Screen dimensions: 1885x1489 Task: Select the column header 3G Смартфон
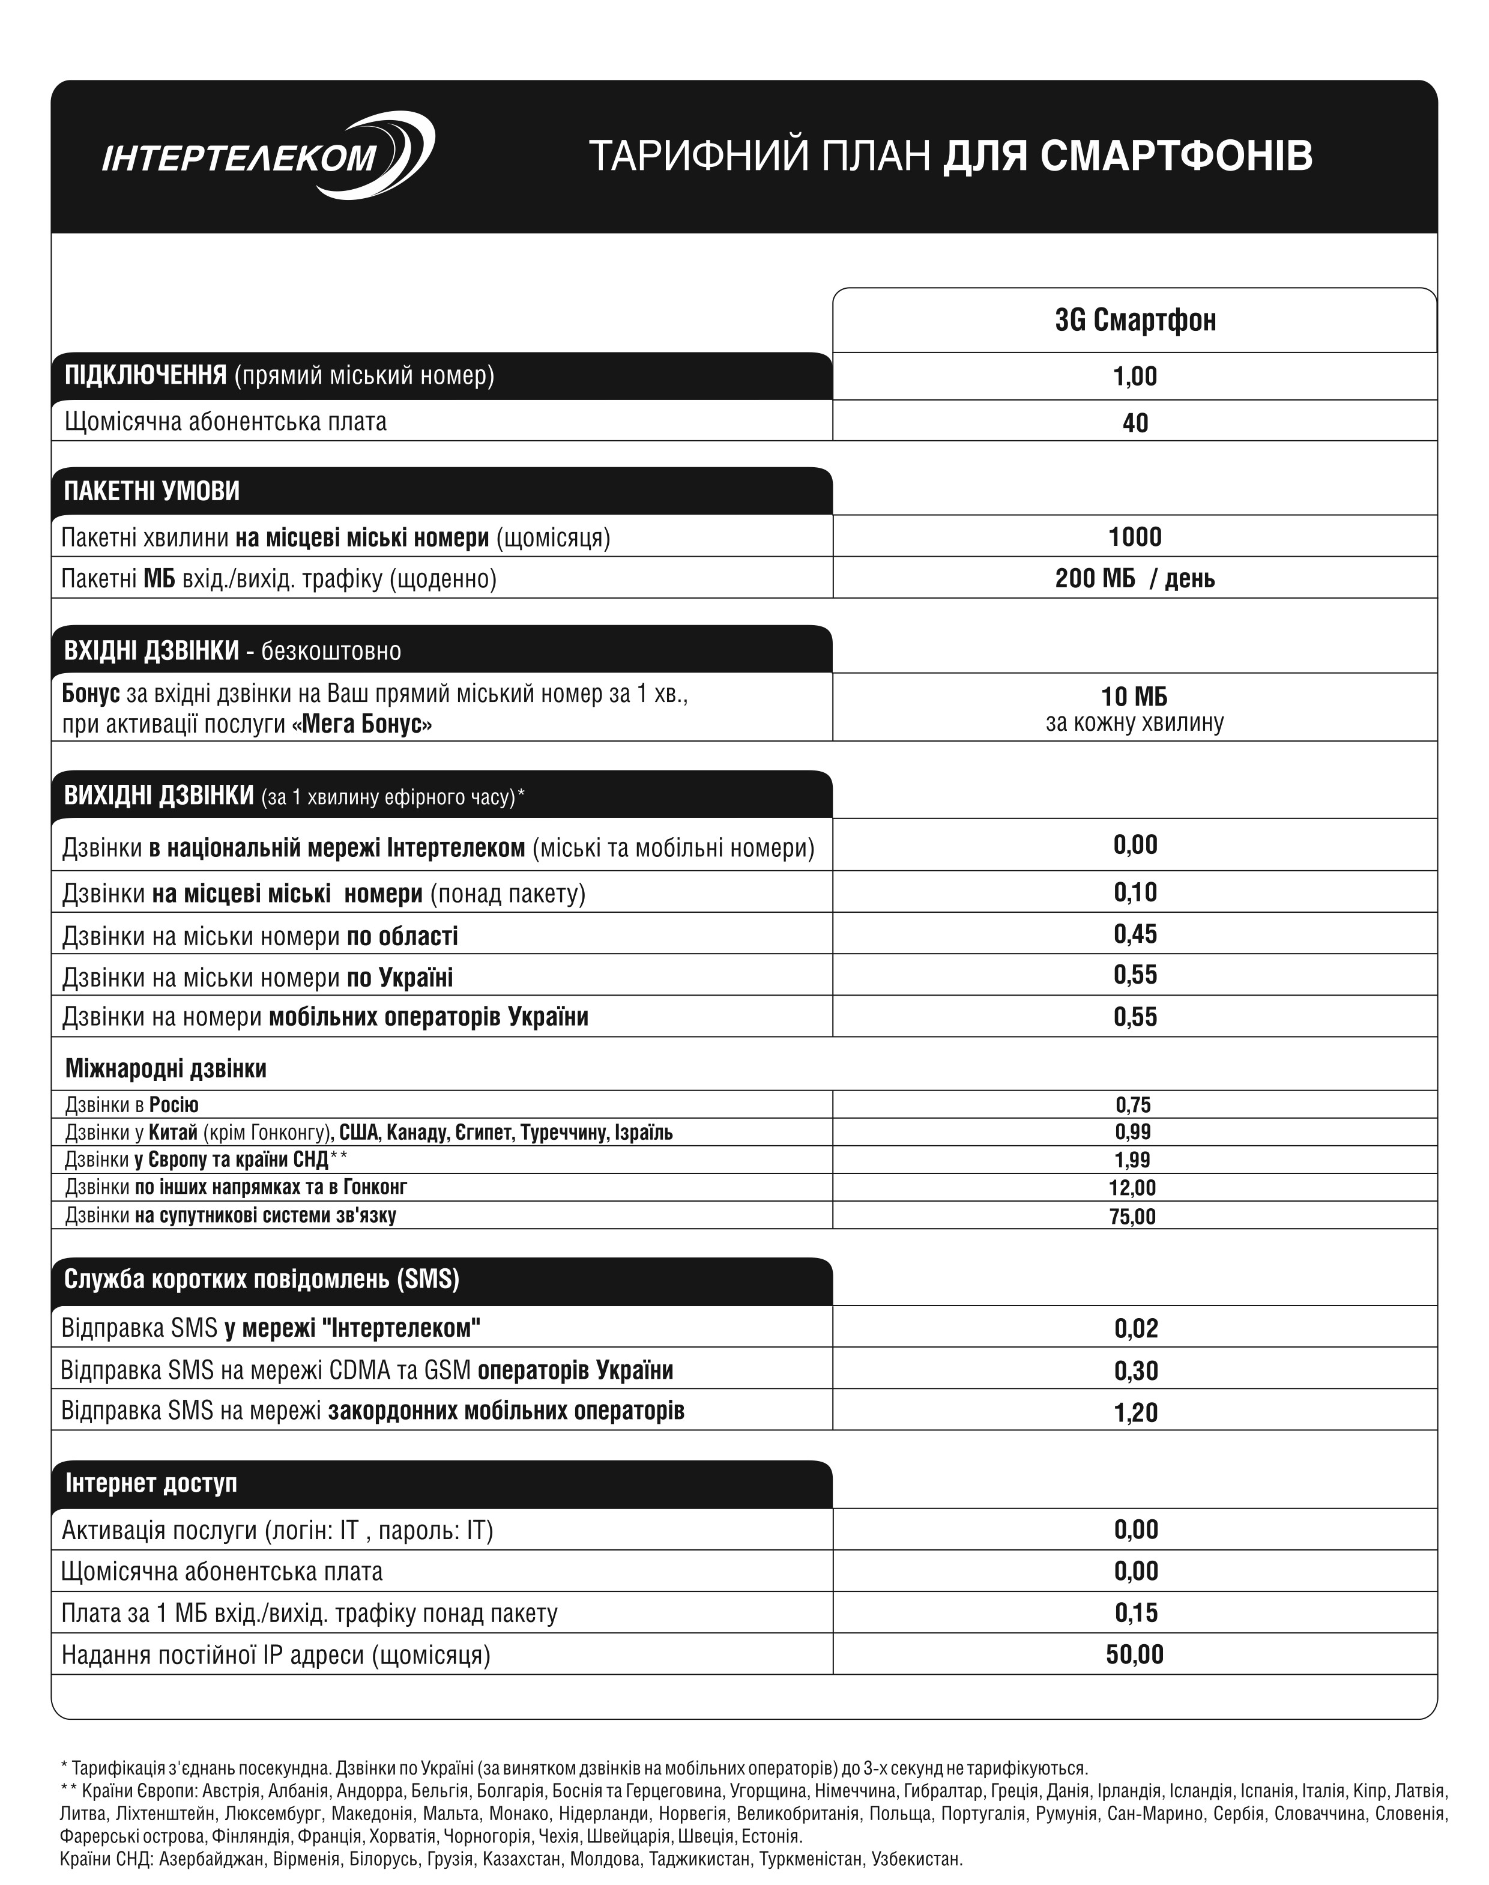coord(1135,321)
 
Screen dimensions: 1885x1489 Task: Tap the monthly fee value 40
coord(1135,424)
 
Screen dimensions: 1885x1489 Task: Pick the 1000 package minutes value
coord(1135,537)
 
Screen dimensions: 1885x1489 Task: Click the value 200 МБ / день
coord(1135,579)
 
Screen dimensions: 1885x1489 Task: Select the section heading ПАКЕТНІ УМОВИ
coord(152,492)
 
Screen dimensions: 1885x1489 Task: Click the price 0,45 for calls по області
coord(1135,934)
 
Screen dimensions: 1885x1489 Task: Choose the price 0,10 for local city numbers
coord(1135,893)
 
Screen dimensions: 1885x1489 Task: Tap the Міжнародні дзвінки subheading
coord(166,1069)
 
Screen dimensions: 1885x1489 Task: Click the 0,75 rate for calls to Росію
coord(1134,1106)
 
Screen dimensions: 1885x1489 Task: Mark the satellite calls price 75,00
coord(1134,1217)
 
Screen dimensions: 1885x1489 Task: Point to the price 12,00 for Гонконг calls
coord(1134,1188)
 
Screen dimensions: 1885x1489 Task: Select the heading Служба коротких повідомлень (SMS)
coord(262,1279)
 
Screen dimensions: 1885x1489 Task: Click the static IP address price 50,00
coord(1135,1655)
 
